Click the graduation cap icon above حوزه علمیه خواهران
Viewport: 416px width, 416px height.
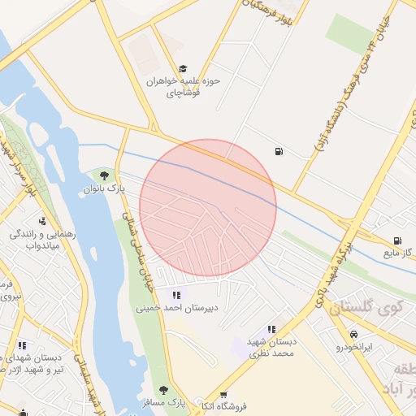(x=183, y=69)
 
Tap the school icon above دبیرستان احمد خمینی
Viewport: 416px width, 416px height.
(x=176, y=294)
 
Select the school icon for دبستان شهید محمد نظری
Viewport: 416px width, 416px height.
(x=271, y=329)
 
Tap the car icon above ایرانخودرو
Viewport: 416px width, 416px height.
(x=354, y=334)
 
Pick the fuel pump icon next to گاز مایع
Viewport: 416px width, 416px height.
(x=397, y=240)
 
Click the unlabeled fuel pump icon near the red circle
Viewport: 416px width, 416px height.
(x=279, y=150)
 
